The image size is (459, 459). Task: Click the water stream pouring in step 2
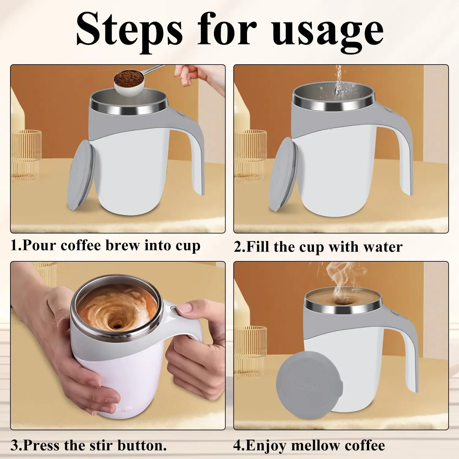(x=338, y=81)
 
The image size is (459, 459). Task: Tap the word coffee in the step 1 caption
(x=80, y=245)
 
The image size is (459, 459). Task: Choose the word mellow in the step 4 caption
(x=312, y=445)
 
